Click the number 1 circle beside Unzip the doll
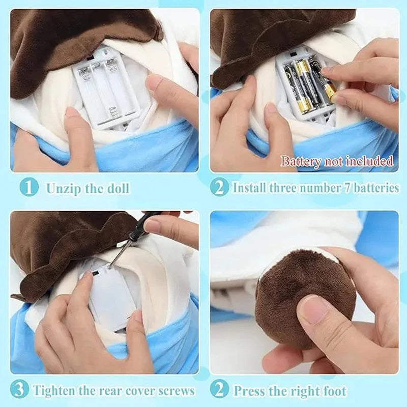click(29, 188)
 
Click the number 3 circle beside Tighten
click(19, 390)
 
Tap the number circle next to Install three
click(219, 188)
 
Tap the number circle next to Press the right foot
click(219, 390)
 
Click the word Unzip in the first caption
click(61, 188)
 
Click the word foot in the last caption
click(334, 391)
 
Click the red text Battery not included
click(337, 162)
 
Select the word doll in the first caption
click(117, 188)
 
